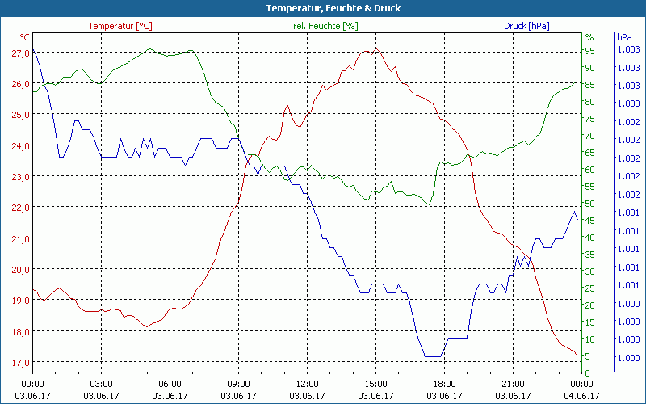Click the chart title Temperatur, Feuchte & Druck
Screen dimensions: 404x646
[x=322, y=8]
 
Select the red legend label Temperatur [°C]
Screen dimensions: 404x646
[x=120, y=26]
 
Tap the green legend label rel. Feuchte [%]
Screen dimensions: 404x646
[x=325, y=26]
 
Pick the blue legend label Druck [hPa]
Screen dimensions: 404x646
[x=526, y=26]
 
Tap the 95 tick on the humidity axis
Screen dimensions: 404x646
[x=589, y=50]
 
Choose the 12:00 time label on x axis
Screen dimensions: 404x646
[x=308, y=384]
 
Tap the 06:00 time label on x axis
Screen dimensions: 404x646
[x=170, y=384]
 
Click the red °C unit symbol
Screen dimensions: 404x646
[x=24, y=37]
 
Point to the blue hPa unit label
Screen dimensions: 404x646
[x=624, y=37]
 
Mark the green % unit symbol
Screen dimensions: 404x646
[x=589, y=37]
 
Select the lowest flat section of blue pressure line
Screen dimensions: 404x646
[x=433, y=356]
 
